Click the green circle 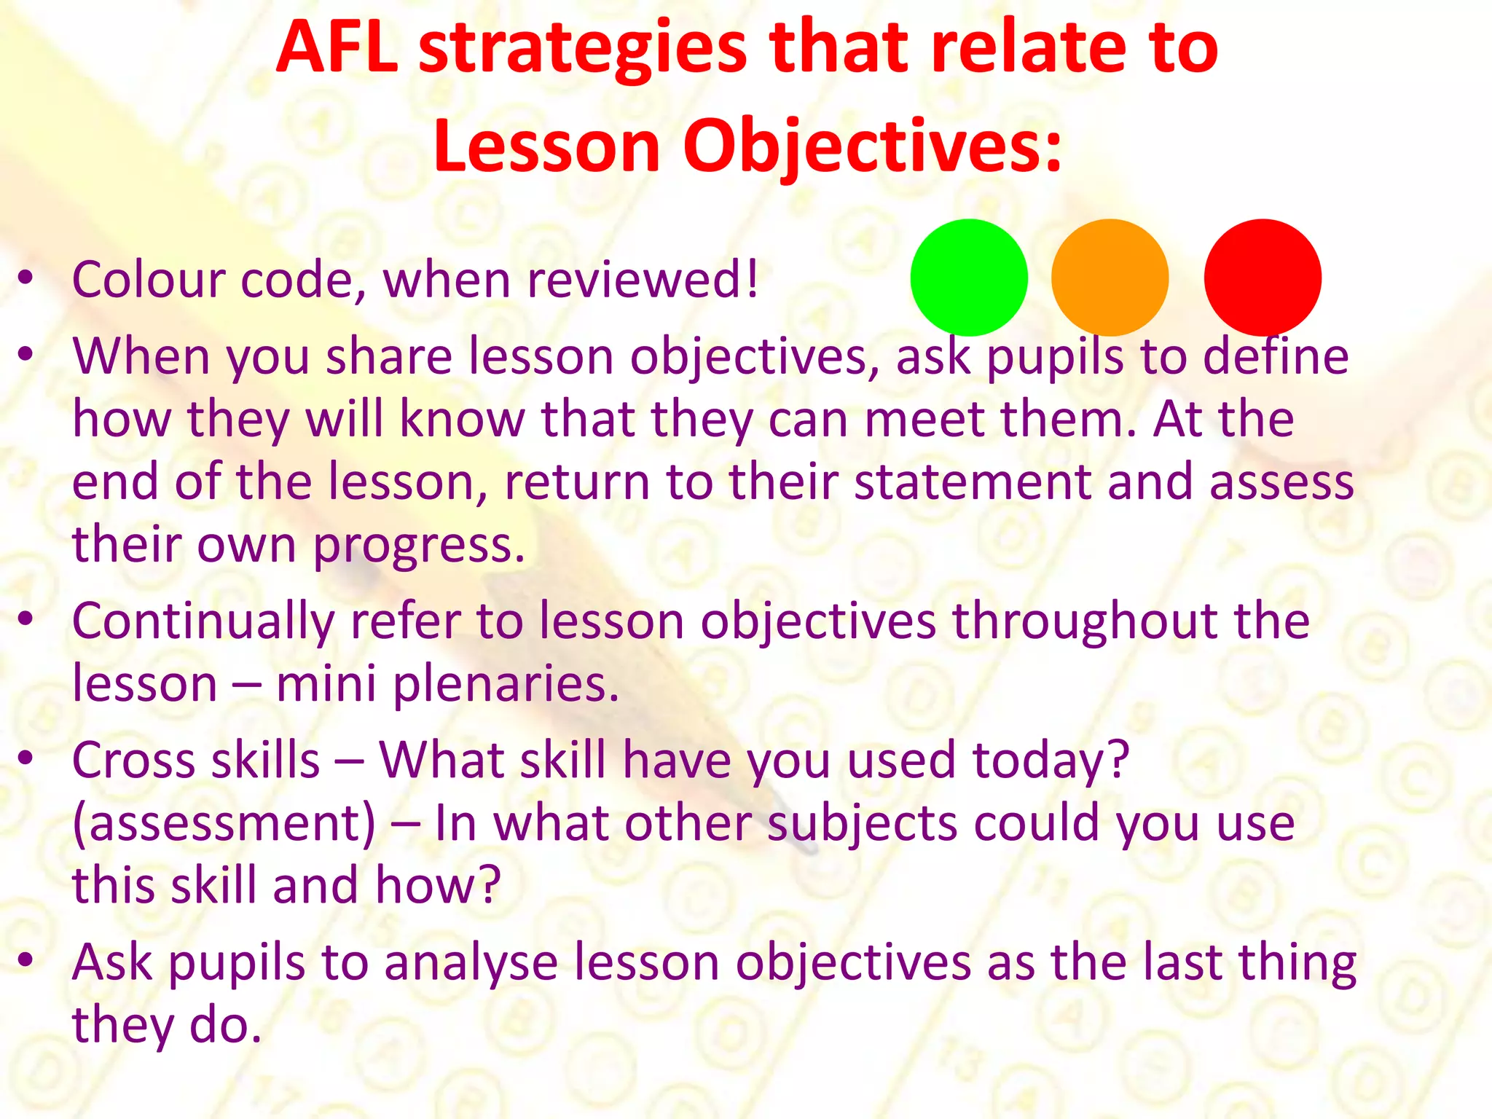point(968,278)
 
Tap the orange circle point(1110,278)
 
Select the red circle point(1263,278)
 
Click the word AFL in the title point(337,47)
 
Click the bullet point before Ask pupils point(26,960)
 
